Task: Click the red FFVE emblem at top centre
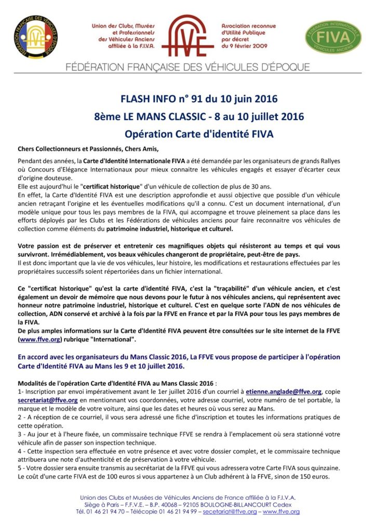[x=187, y=35]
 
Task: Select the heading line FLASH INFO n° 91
[x=192, y=99]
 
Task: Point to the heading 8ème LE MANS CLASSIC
[x=192, y=116]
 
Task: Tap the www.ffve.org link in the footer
[x=281, y=512]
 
